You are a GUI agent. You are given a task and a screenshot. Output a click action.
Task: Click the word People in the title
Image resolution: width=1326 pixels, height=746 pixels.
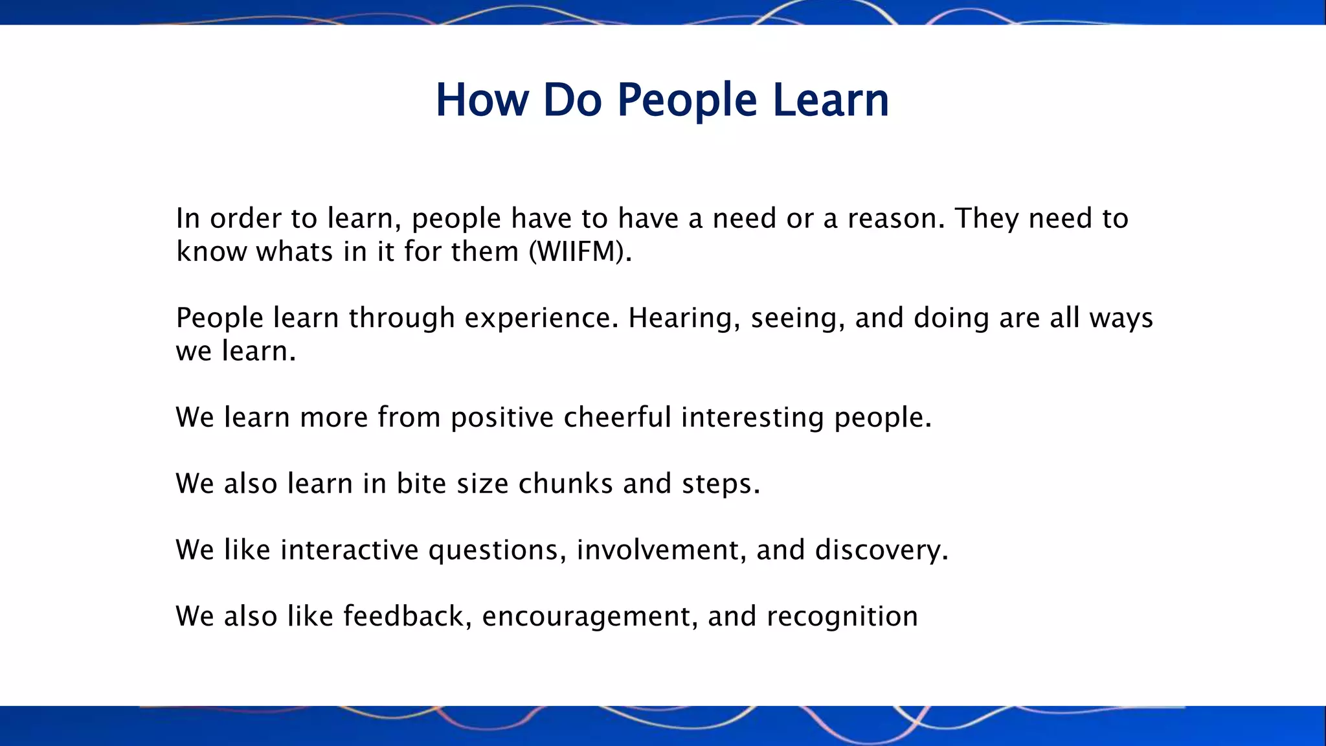click(686, 100)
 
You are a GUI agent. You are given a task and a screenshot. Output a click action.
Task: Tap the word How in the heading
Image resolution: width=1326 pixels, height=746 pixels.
click(482, 100)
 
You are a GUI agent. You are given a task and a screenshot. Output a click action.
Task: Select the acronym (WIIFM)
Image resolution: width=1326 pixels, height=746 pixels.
click(579, 251)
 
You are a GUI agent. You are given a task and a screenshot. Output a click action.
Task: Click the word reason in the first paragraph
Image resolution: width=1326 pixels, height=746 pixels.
click(896, 218)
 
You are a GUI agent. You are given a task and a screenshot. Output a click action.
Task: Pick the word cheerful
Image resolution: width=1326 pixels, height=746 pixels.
click(617, 417)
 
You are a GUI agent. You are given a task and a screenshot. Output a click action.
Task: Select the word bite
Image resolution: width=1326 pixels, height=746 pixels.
click(421, 484)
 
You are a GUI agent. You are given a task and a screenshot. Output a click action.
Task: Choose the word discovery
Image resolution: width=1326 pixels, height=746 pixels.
click(881, 550)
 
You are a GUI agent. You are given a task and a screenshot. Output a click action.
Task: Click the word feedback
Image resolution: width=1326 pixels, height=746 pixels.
click(403, 616)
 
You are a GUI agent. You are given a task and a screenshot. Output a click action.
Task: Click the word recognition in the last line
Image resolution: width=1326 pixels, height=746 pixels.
click(842, 616)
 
